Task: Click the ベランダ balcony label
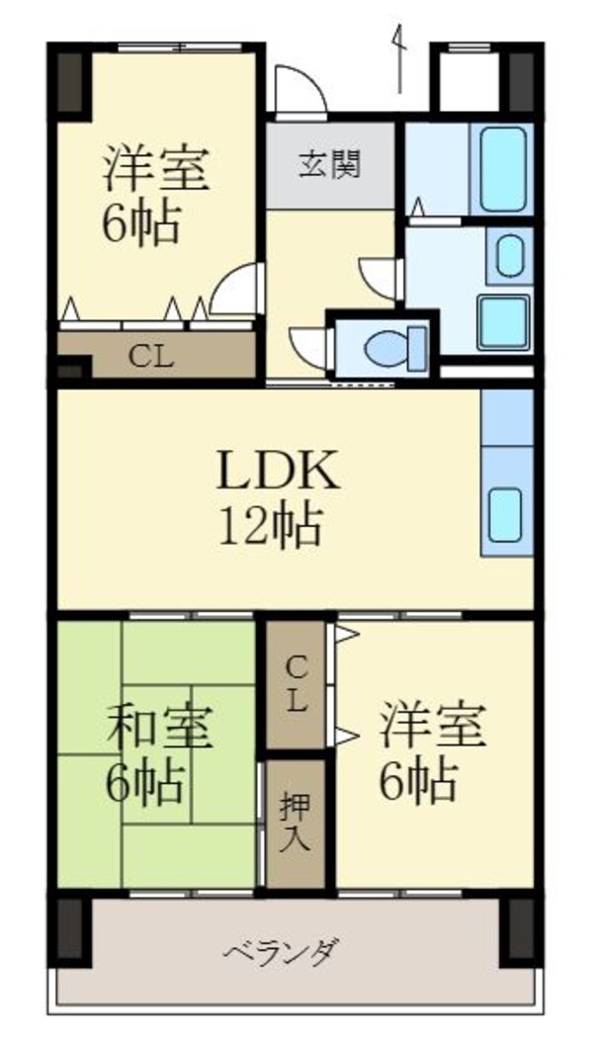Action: (x=282, y=954)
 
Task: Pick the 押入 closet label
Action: (x=296, y=824)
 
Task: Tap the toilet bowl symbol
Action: (x=388, y=347)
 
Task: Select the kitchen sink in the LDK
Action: (x=506, y=515)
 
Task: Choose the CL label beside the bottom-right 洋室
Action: (x=296, y=685)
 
